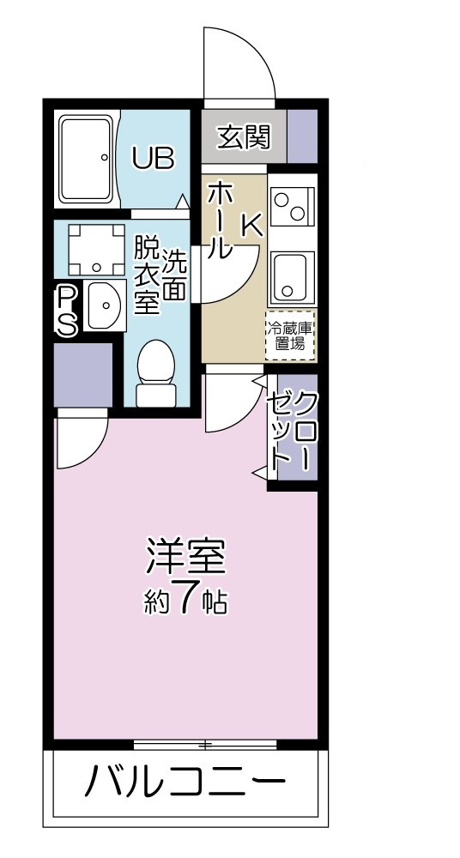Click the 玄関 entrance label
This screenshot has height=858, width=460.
tap(244, 137)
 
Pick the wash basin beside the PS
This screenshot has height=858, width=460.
tap(103, 305)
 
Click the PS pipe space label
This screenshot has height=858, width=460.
tap(68, 311)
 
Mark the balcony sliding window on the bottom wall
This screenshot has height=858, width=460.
tap(206, 743)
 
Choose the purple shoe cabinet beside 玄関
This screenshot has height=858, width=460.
tap(301, 136)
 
